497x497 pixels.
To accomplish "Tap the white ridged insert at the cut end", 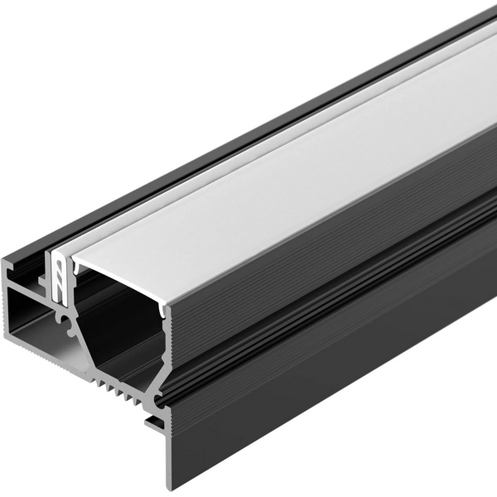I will pos(60,273).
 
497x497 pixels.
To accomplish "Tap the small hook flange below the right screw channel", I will pos(155,425).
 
